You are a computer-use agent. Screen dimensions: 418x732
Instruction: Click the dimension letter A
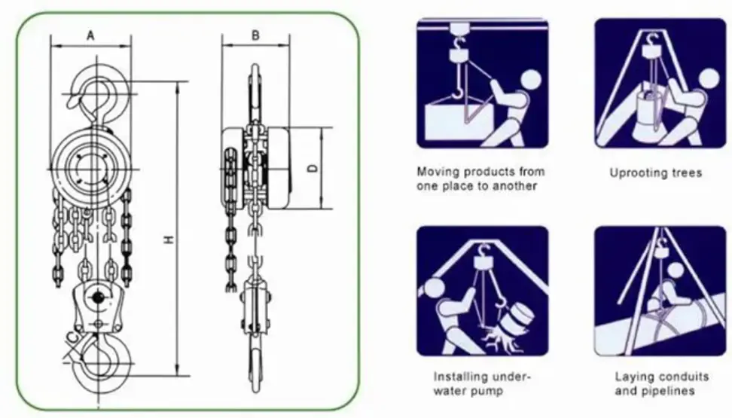[90, 35]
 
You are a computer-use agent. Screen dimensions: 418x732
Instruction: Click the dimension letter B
[255, 35]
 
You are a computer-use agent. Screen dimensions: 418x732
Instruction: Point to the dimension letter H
[169, 240]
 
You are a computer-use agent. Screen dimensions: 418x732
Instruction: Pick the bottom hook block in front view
[96, 301]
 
